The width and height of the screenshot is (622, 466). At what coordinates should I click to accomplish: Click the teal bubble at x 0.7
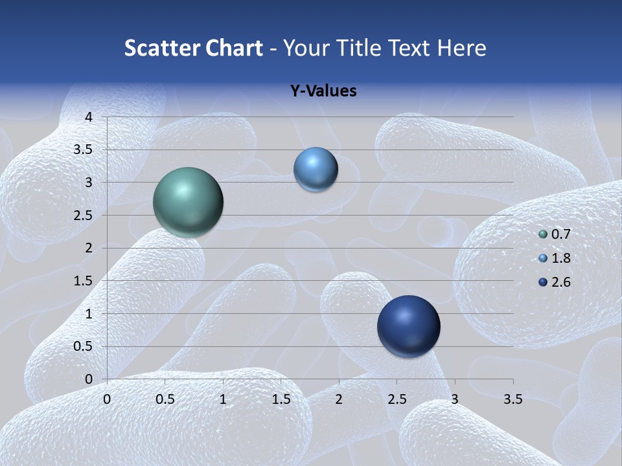188,202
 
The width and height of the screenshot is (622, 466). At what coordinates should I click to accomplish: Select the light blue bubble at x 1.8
316,170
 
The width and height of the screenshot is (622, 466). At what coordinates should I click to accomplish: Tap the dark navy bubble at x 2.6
408,326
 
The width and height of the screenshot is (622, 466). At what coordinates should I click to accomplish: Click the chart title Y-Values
323,91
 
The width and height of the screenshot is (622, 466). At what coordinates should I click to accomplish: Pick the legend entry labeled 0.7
560,234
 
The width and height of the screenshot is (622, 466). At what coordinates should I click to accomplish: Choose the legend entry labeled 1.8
560,258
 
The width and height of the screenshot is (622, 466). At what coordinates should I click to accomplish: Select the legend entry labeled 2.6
560,282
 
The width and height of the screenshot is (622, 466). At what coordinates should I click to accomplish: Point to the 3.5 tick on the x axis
513,399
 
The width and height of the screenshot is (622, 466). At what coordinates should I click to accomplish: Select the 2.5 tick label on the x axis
397,399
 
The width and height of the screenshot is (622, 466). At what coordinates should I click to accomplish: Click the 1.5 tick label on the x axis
281,399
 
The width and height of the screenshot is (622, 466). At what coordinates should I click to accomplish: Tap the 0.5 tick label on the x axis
165,399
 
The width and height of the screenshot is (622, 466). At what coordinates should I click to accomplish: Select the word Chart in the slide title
234,48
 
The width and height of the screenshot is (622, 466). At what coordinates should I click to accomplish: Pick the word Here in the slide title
461,48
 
